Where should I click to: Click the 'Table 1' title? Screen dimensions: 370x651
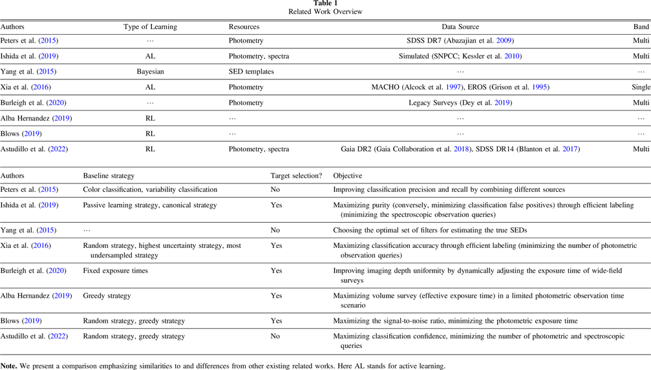[x=325, y=3]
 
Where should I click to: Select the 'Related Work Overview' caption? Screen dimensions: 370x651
[x=325, y=12]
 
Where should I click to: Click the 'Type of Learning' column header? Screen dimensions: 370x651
[x=150, y=27]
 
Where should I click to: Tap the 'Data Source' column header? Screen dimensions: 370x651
[x=460, y=27]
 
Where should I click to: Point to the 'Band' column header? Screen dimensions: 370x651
[x=641, y=27]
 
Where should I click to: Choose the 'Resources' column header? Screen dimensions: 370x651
[x=244, y=27]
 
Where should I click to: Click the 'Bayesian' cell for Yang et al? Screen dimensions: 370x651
[x=150, y=72]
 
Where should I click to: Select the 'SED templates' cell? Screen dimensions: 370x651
[x=251, y=72]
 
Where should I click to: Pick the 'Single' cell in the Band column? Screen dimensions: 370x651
[x=640, y=87]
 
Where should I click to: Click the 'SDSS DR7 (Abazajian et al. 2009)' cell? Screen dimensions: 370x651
[x=460, y=41]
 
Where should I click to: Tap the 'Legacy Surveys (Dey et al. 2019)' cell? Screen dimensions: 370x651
[x=460, y=103]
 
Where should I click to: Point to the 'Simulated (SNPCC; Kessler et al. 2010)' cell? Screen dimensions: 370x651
[x=460, y=56]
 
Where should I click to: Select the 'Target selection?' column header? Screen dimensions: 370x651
[x=296, y=176]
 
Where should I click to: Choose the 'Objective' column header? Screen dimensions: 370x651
[x=348, y=176]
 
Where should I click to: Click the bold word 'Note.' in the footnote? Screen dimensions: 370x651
[x=9, y=366]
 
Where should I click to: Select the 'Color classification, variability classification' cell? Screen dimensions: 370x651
[x=150, y=190]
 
